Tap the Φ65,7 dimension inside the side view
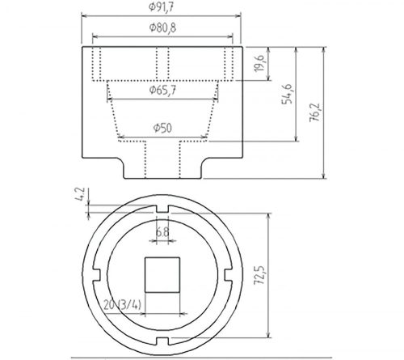point(163,91)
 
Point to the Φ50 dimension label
point(163,128)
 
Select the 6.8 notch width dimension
point(162,231)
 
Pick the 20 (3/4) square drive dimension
point(122,303)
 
